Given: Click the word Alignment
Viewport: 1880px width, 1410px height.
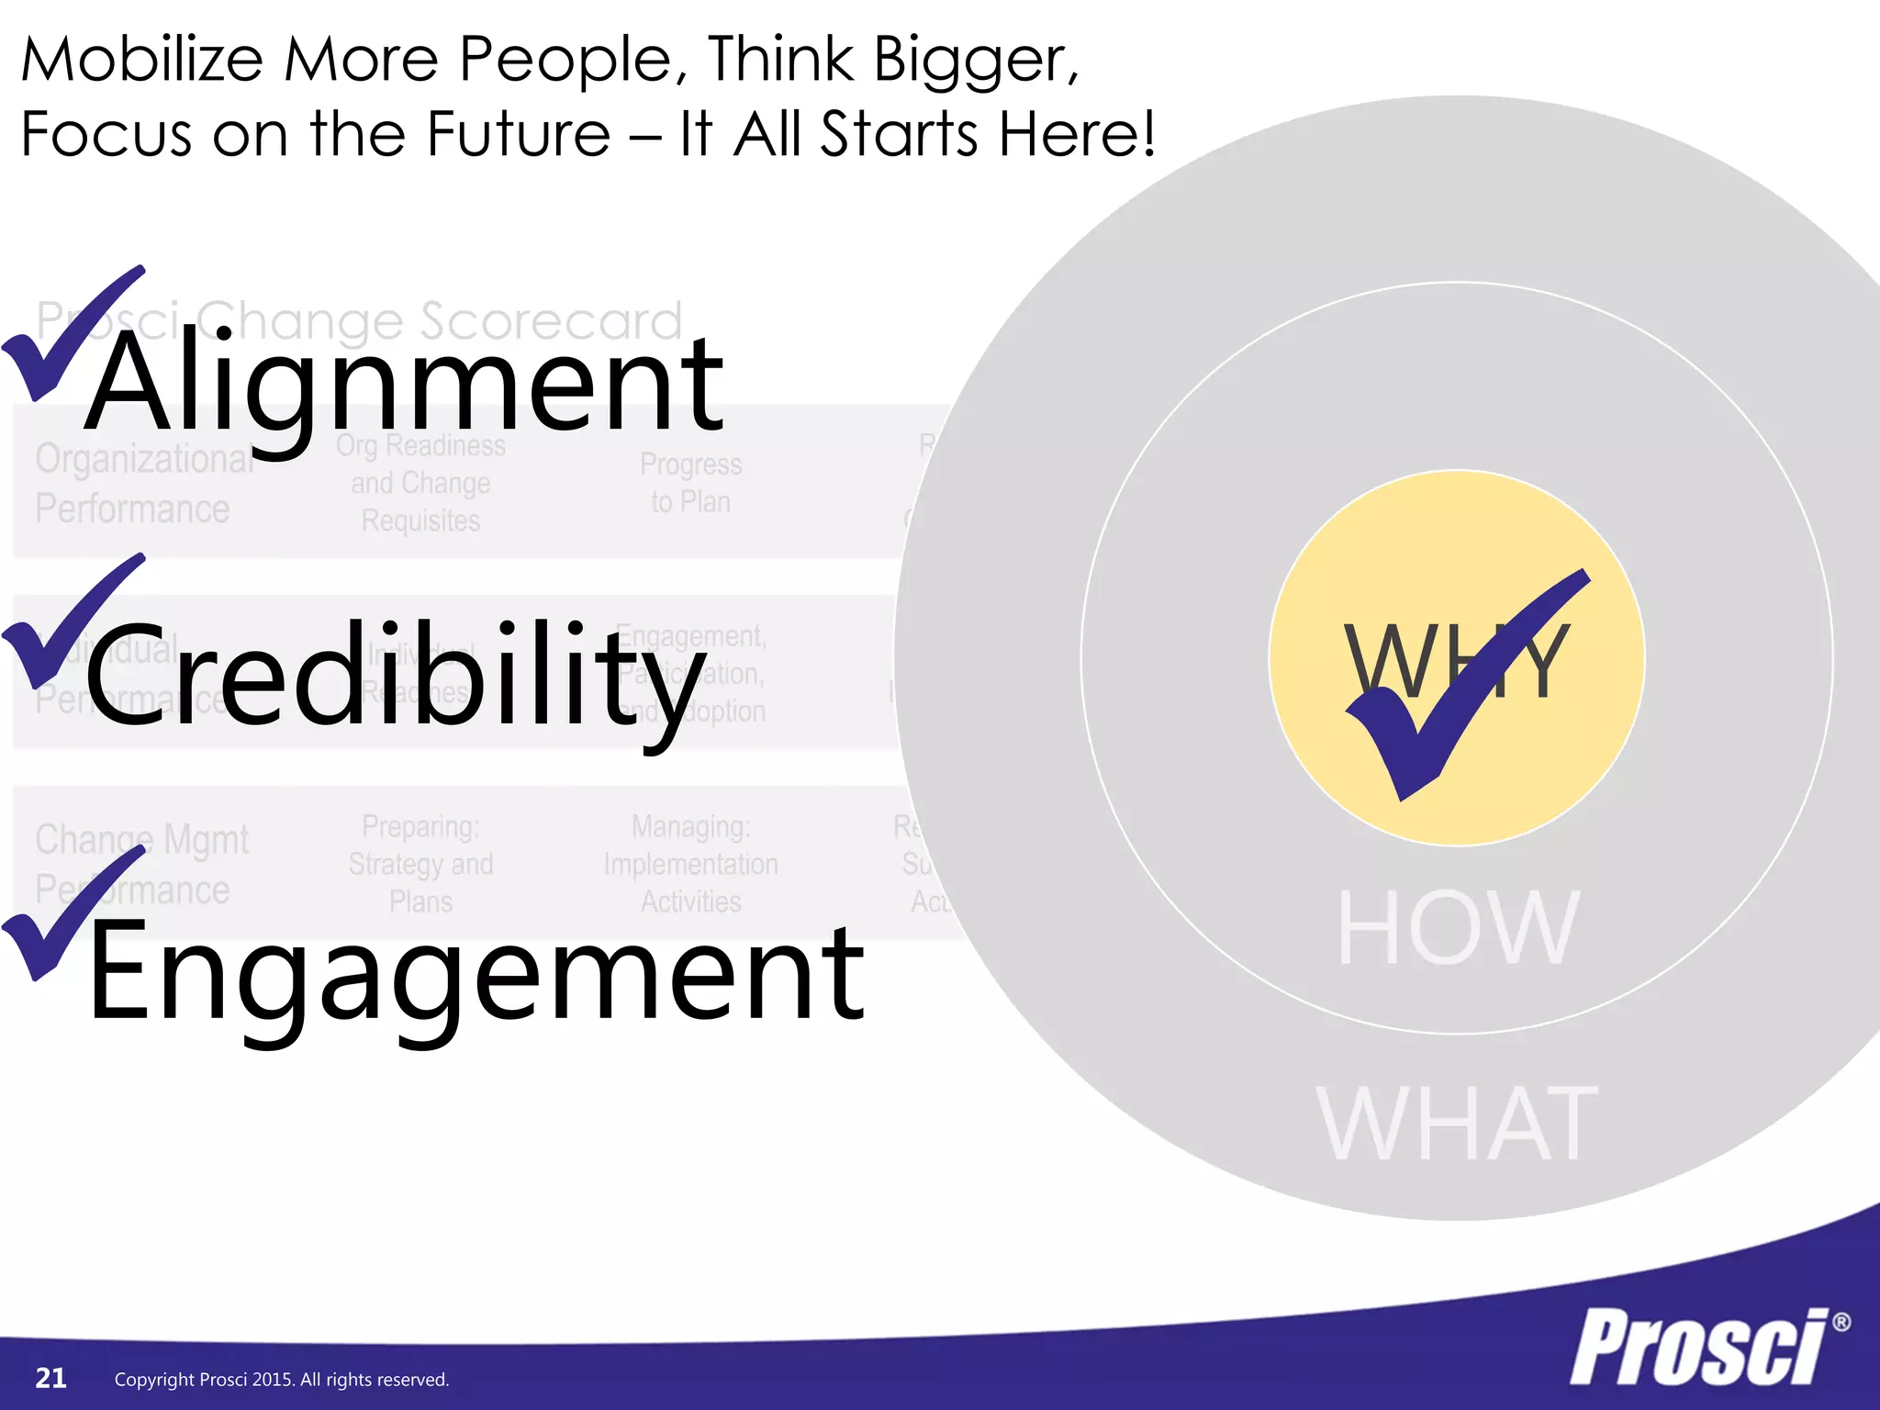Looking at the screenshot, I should coord(404,386).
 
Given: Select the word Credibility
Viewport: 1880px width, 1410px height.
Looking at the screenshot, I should coord(395,675).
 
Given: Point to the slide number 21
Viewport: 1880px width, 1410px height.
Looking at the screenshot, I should coord(50,1378).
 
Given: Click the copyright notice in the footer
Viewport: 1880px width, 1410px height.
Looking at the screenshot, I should coord(282,1380).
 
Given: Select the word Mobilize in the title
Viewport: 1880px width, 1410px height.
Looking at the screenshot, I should coord(142,60).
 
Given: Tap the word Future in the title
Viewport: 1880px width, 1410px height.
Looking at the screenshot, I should coord(519,134).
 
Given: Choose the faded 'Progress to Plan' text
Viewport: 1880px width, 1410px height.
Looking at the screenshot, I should coord(690,483).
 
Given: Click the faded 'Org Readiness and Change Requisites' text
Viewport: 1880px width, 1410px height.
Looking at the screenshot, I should coord(420,483).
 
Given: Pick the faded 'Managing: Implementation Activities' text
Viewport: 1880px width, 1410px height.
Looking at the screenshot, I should coord(690,864).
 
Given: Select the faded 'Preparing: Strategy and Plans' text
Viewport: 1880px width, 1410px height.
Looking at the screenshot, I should coord(420,864).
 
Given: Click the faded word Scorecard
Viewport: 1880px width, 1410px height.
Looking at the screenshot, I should coord(551,320).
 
